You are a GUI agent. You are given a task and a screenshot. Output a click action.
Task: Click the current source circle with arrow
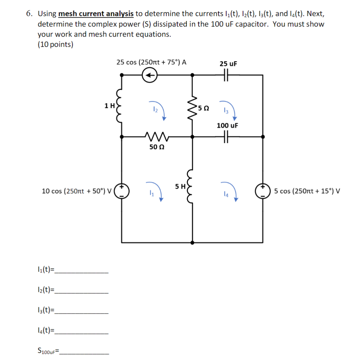pos(150,75)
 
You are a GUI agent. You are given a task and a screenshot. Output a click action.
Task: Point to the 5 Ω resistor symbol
pos(192,107)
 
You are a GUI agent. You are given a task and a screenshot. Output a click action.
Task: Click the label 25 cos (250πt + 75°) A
pos(151,62)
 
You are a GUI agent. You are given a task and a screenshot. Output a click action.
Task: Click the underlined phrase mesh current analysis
pos(96,14)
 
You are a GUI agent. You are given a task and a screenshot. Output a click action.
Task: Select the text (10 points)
pos(55,45)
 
